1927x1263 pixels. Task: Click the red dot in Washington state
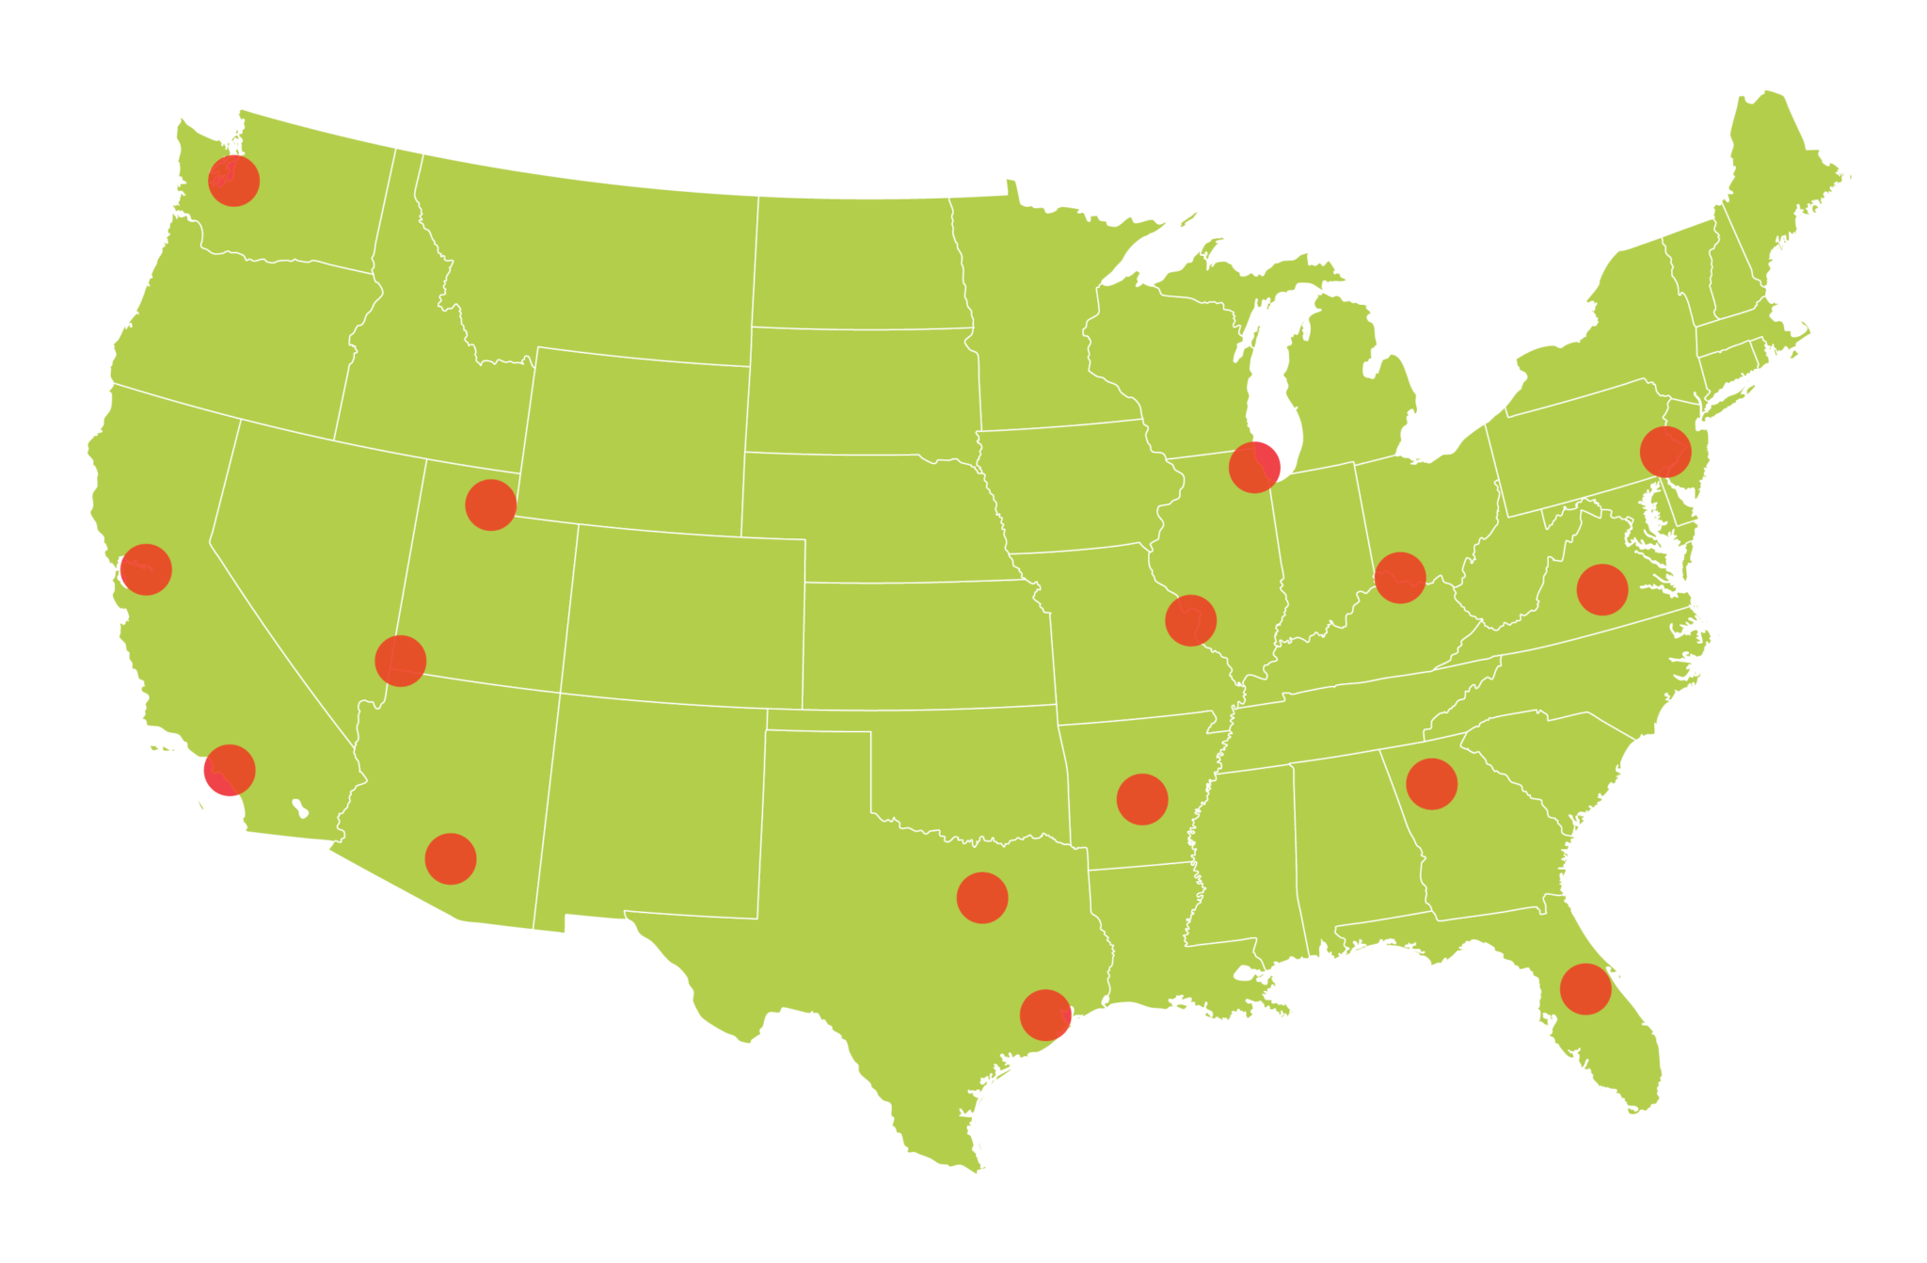233,181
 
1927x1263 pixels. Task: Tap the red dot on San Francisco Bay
146,569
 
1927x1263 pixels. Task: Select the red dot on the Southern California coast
230,770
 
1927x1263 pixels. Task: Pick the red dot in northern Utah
490,504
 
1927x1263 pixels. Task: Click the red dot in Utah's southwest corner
401,661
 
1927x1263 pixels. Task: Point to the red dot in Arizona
451,858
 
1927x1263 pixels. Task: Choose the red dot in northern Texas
982,898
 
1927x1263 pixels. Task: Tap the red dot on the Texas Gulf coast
1045,1015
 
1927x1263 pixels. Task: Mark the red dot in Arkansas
1142,800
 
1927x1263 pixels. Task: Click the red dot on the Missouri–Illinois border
1191,621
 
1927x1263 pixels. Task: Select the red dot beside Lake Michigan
1254,467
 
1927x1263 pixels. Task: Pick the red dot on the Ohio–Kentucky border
1400,578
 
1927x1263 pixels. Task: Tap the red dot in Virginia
1602,590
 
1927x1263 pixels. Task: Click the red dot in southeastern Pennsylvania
1665,452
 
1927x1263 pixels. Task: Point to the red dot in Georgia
1432,784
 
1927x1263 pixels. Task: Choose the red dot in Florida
1585,989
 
